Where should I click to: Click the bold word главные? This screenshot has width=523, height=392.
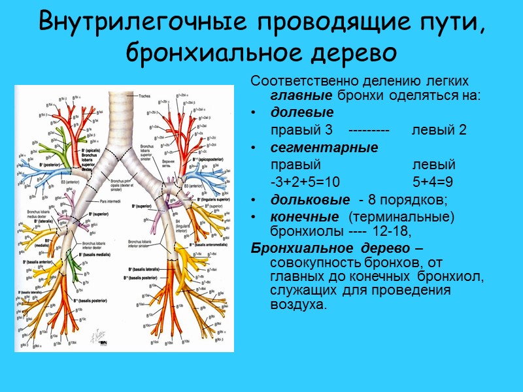(x=294, y=95)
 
